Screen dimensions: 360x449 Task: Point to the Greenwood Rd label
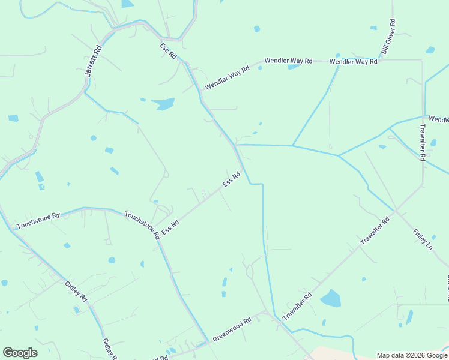(x=231, y=330)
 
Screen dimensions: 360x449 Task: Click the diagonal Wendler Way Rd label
(x=227, y=79)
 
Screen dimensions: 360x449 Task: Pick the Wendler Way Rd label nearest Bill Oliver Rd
(x=354, y=61)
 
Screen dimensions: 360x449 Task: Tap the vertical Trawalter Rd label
(x=423, y=142)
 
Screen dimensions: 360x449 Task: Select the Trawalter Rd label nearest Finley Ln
(x=375, y=230)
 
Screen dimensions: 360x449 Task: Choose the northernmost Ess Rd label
(x=168, y=50)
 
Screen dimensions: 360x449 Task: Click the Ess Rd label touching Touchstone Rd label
(x=171, y=227)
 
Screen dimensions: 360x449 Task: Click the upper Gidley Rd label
(x=76, y=289)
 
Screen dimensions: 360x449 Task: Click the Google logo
(x=20, y=353)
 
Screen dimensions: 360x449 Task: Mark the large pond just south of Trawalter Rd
(x=330, y=298)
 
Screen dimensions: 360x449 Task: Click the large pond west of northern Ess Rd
(x=163, y=104)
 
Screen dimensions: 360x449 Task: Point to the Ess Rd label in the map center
(x=232, y=179)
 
